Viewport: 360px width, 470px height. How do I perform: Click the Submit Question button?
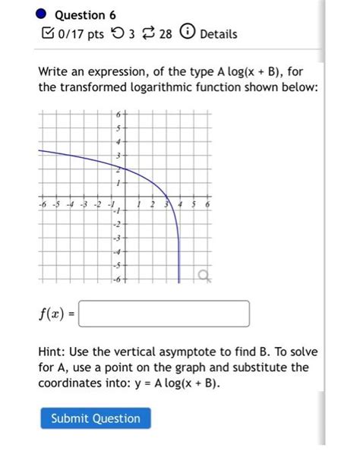96,418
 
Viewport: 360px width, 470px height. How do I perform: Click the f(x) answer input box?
164,314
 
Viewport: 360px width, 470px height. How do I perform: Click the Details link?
219,34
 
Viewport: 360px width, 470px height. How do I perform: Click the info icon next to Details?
188,34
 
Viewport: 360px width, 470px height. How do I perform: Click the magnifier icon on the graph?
203,275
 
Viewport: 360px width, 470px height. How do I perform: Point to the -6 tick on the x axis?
43,205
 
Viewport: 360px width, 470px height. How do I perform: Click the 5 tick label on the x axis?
194,204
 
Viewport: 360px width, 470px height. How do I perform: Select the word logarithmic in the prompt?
141,89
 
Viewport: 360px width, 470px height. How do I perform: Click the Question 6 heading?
86,14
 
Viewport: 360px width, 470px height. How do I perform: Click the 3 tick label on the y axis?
118,156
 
